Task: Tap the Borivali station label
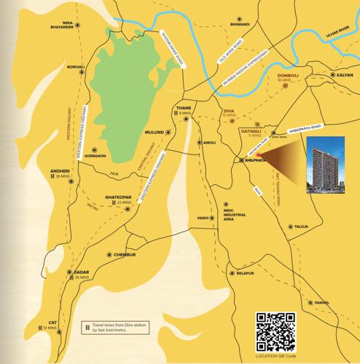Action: click(x=76, y=66)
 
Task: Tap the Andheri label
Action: click(x=59, y=172)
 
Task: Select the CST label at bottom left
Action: click(x=52, y=322)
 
